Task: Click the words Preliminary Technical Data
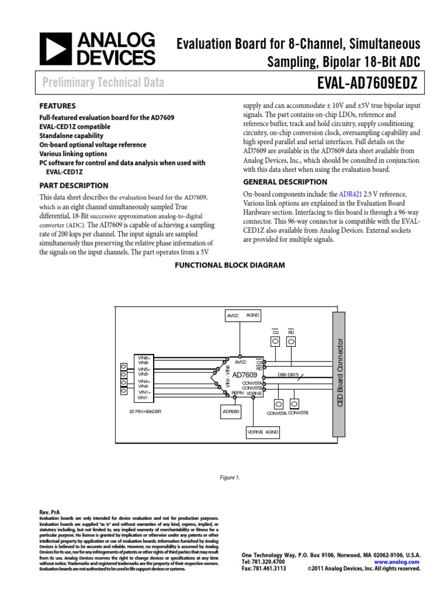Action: (103, 83)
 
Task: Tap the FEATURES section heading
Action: (57, 106)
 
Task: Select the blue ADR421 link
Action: (350, 194)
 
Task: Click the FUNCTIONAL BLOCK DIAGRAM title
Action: (230, 265)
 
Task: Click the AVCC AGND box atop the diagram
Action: (243, 315)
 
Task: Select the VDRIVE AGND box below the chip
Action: (263, 433)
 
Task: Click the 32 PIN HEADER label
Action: (145, 411)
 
